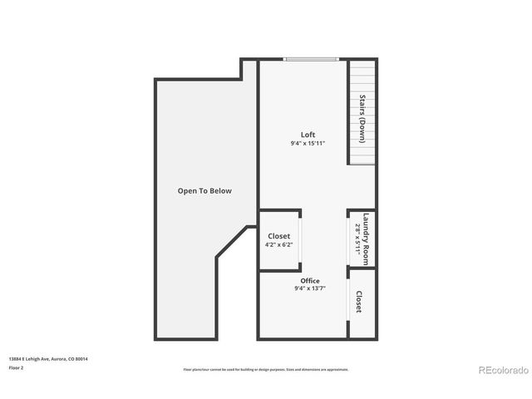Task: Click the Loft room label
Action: click(x=308, y=135)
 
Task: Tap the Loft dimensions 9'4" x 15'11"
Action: click(x=308, y=143)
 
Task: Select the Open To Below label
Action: click(x=204, y=191)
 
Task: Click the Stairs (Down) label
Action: click(x=362, y=121)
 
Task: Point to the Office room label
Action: click(x=309, y=281)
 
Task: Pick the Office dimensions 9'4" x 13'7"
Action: click(x=309, y=288)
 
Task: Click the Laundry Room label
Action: click(x=365, y=236)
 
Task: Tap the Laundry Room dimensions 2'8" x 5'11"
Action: click(x=357, y=237)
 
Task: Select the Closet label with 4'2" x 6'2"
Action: click(x=278, y=236)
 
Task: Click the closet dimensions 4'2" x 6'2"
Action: click(x=278, y=244)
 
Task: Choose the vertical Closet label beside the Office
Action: click(x=359, y=302)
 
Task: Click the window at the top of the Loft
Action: click(x=311, y=59)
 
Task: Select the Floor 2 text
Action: click(x=17, y=367)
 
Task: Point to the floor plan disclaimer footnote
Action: click(x=266, y=369)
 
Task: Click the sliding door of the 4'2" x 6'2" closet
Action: click(x=301, y=240)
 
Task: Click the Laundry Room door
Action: click(x=348, y=238)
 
